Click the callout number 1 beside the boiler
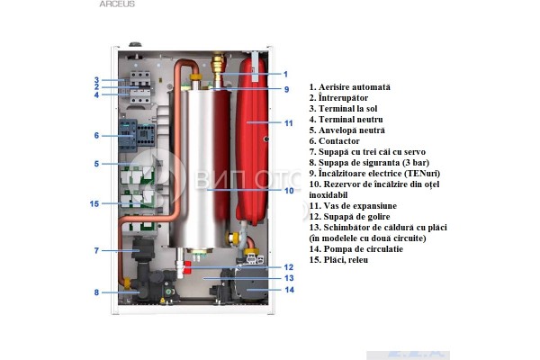tap(285, 74)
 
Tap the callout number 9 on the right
tap(285, 89)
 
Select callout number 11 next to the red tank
tap(288, 122)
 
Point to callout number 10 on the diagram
tap(288, 190)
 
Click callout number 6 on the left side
tap(96, 136)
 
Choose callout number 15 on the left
tap(94, 203)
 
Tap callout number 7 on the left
tap(96, 250)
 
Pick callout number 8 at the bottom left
tap(96, 292)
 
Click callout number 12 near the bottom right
tap(288, 267)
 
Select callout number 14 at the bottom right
tap(288, 290)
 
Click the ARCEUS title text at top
tap(118, 4)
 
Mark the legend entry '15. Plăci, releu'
tap(341, 259)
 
